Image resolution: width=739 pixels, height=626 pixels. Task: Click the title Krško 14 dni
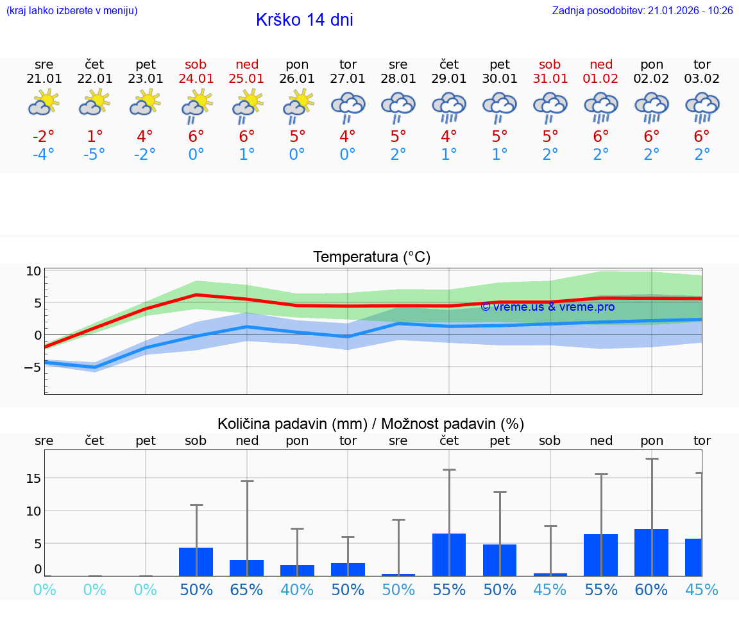coord(304,20)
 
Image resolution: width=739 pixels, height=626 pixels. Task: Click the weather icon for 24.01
coord(196,104)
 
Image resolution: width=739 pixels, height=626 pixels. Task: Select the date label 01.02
coord(601,78)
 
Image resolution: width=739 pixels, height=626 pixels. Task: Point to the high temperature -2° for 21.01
coord(44,137)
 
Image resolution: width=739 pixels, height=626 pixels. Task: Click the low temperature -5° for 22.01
coord(94,155)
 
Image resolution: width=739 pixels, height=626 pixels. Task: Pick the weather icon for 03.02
coord(702,106)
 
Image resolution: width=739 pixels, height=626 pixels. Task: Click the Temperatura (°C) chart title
coord(371,257)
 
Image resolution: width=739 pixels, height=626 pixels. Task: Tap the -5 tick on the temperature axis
coord(33,367)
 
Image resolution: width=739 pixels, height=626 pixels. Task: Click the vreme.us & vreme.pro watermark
coord(547,307)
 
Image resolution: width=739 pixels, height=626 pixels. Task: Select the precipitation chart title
coord(371,424)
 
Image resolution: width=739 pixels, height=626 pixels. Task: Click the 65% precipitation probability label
coord(247,589)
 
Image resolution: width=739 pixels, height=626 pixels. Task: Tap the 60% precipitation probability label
coord(652,589)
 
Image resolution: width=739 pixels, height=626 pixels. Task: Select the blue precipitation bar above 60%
coord(652,552)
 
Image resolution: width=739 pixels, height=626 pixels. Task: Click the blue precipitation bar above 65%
coord(247,568)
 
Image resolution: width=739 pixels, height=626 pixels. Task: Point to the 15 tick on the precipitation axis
coord(34,478)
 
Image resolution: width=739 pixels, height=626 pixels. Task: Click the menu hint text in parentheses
coord(72,10)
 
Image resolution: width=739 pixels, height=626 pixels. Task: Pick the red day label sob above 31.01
coord(550,64)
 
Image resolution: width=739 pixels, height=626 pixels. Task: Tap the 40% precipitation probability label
coord(297,589)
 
